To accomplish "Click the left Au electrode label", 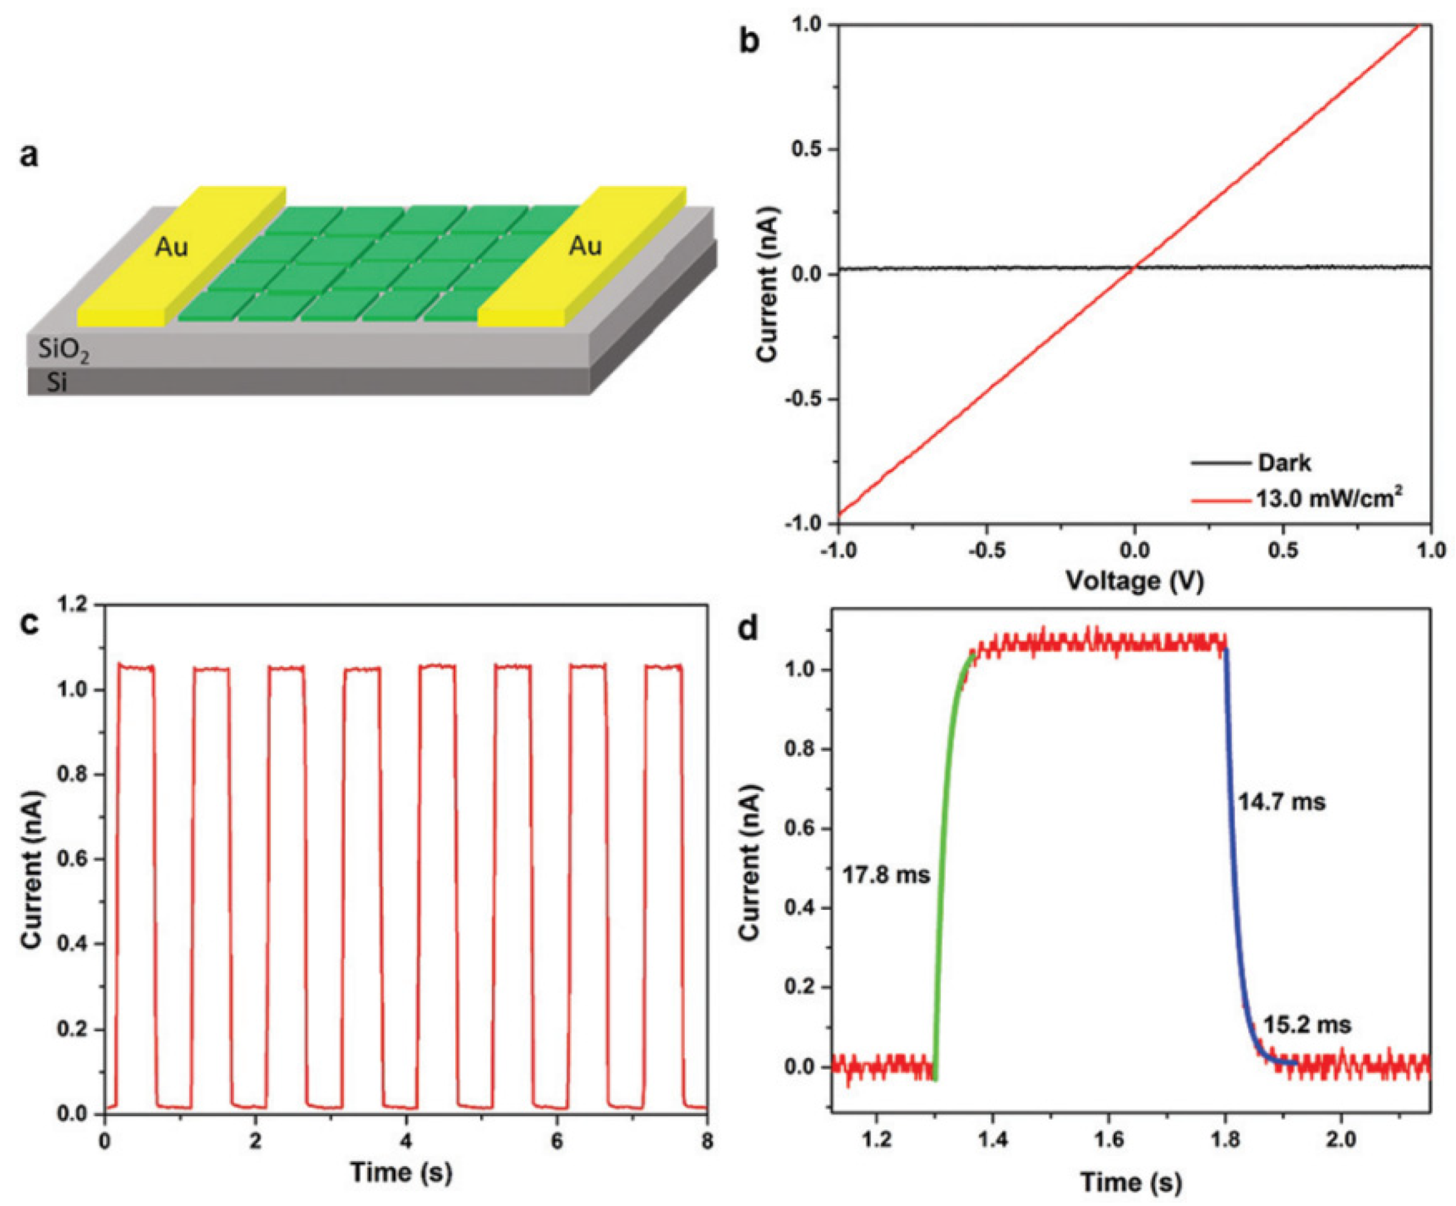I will click(x=171, y=247).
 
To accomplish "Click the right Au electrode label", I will click(x=585, y=246).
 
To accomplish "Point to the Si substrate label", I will click(x=57, y=383).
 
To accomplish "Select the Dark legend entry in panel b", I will click(x=1284, y=463).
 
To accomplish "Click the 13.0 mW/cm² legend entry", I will click(x=1325, y=498).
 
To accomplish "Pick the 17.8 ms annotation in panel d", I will click(x=885, y=875).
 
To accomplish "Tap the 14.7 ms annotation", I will click(x=1281, y=802).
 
